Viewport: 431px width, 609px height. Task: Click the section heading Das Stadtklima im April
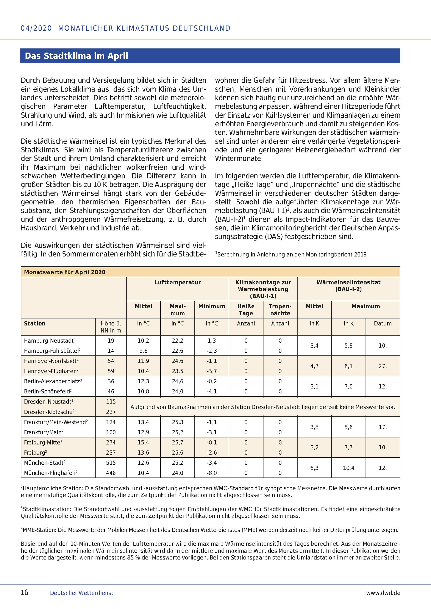click(x=77, y=56)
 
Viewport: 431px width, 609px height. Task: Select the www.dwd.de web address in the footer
click(x=383, y=593)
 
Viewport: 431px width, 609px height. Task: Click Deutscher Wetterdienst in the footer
click(x=81, y=593)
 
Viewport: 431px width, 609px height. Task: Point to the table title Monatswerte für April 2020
click(x=65, y=272)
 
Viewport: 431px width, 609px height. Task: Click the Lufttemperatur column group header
click(x=178, y=283)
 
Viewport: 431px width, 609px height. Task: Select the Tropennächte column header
click(x=280, y=309)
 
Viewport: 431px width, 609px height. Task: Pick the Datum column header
click(x=383, y=324)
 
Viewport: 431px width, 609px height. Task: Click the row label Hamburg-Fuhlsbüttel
click(x=52, y=351)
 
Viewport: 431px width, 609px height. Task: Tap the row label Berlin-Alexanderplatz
click(x=52, y=381)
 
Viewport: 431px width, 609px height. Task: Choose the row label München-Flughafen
click(x=50, y=473)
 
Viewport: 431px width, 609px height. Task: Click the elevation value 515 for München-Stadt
click(x=111, y=463)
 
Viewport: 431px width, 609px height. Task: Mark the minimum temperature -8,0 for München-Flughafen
click(x=212, y=473)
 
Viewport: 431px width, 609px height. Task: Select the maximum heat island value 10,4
click(x=348, y=468)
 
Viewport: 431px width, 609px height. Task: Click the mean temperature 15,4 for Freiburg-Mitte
click(x=143, y=442)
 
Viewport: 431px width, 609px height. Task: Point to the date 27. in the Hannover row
click(x=383, y=366)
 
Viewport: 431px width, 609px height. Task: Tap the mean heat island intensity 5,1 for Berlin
click(x=314, y=387)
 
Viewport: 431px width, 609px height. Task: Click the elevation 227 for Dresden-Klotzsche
click(x=111, y=412)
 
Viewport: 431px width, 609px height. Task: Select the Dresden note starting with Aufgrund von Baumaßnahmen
click(x=263, y=407)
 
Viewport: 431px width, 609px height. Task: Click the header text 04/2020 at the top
click(x=36, y=28)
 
